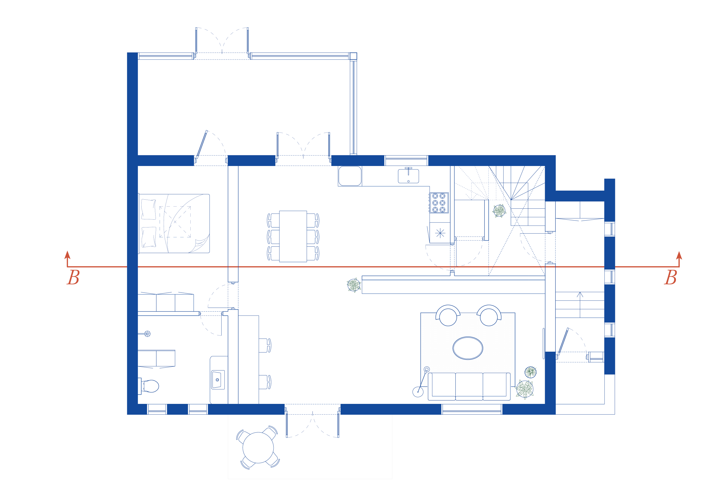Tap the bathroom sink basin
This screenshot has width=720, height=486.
(218, 380)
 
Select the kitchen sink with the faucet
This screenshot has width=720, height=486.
(408, 176)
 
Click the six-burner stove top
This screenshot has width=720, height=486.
(439, 203)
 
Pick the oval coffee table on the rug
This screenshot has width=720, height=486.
(468, 348)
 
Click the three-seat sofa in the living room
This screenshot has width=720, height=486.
(469, 386)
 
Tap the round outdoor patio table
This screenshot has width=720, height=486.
(258, 448)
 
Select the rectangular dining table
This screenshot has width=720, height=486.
(293, 236)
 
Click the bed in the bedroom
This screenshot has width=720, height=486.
(174, 224)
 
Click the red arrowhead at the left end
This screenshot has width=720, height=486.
(67, 255)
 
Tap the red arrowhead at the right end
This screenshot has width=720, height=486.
(679, 255)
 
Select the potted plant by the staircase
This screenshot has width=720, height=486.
(499, 211)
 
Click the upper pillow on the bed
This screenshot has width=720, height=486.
(148, 209)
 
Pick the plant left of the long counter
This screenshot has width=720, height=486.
(354, 285)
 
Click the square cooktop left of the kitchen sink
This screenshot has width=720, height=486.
(350, 176)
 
